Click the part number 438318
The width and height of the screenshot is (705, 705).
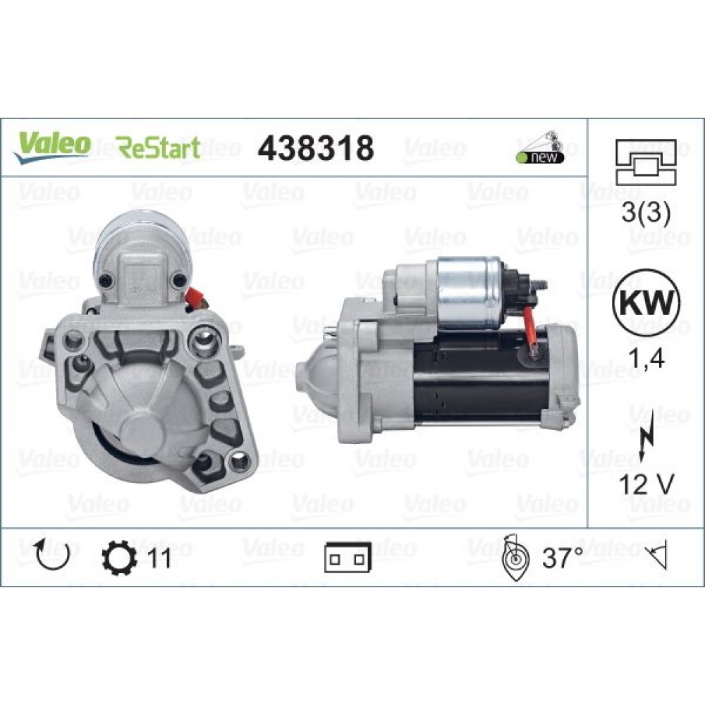coord(315,148)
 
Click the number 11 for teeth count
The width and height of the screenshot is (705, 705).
coord(159,558)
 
